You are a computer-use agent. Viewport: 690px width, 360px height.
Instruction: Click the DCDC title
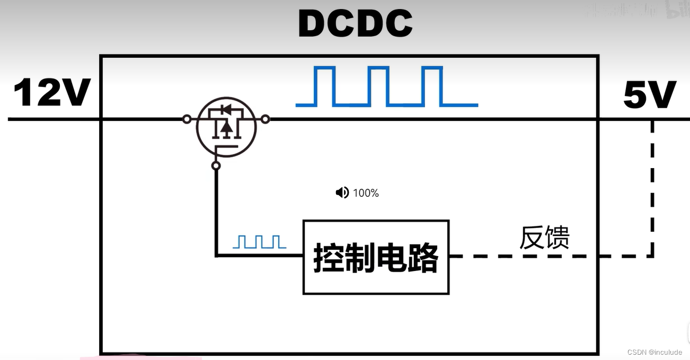(355, 24)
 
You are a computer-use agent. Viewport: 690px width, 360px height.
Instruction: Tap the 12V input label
(52, 93)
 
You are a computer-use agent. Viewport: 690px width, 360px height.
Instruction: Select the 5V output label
(650, 95)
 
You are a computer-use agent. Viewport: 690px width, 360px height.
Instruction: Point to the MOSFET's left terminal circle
(187, 119)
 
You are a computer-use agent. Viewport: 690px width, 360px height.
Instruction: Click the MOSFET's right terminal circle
(266, 119)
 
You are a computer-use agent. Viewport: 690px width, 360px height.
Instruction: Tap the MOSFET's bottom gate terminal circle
(216, 166)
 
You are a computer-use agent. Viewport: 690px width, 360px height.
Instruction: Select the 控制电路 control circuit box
(376, 257)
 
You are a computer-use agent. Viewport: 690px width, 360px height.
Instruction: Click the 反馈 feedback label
(544, 238)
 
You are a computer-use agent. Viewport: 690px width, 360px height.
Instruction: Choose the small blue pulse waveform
(259, 242)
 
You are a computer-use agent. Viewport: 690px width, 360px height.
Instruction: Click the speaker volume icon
(342, 192)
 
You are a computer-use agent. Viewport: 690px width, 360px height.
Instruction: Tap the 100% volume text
(366, 193)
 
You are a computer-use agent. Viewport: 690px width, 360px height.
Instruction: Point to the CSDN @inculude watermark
(654, 352)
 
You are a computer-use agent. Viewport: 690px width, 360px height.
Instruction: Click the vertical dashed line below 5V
(652, 191)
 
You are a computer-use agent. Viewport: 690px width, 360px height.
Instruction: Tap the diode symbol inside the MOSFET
(226, 110)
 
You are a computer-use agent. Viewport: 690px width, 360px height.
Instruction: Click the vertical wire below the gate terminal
(216, 212)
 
